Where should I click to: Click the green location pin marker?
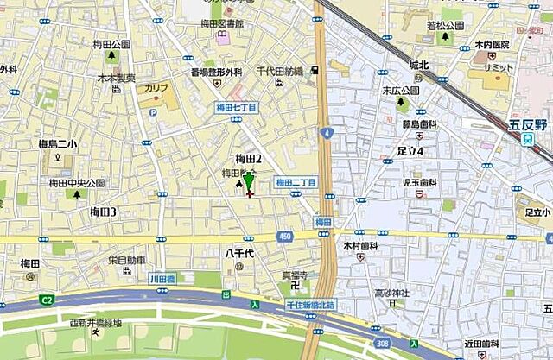pyautogui.click(x=249, y=182)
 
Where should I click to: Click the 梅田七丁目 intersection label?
pyautogui.click(x=236, y=108)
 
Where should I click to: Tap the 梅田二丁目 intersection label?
pyautogui.click(x=296, y=182)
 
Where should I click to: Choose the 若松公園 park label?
pyautogui.click(x=445, y=26)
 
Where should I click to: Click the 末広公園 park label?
pyautogui.click(x=401, y=89)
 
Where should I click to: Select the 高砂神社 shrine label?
pyautogui.click(x=391, y=294)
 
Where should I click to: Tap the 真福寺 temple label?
pyautogui.click(x=295, y=275)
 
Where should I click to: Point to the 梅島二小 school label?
pyautogui.click(x=57, y=144)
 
